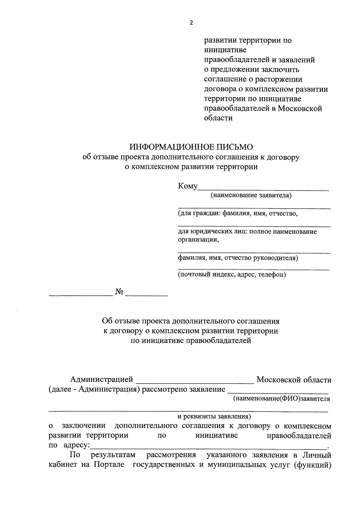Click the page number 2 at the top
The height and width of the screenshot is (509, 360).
(191, 23)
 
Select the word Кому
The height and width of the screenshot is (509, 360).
(188, 186)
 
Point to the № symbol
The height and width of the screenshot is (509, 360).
(119, 292)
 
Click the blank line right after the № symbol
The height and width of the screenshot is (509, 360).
(146, 295)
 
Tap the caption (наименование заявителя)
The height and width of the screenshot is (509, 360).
(251, 196)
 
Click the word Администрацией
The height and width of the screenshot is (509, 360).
(101, 380)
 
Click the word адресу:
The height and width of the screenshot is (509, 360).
(77, 445)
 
